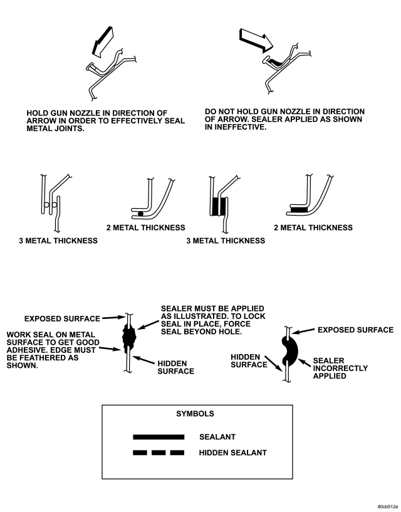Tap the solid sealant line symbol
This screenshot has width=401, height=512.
click(157, 436)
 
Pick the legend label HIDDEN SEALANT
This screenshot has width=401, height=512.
click(233, 452)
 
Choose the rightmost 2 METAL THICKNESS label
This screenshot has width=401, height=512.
click(313, 227)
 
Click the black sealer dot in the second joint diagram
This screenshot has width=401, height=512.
click(140, 214)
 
